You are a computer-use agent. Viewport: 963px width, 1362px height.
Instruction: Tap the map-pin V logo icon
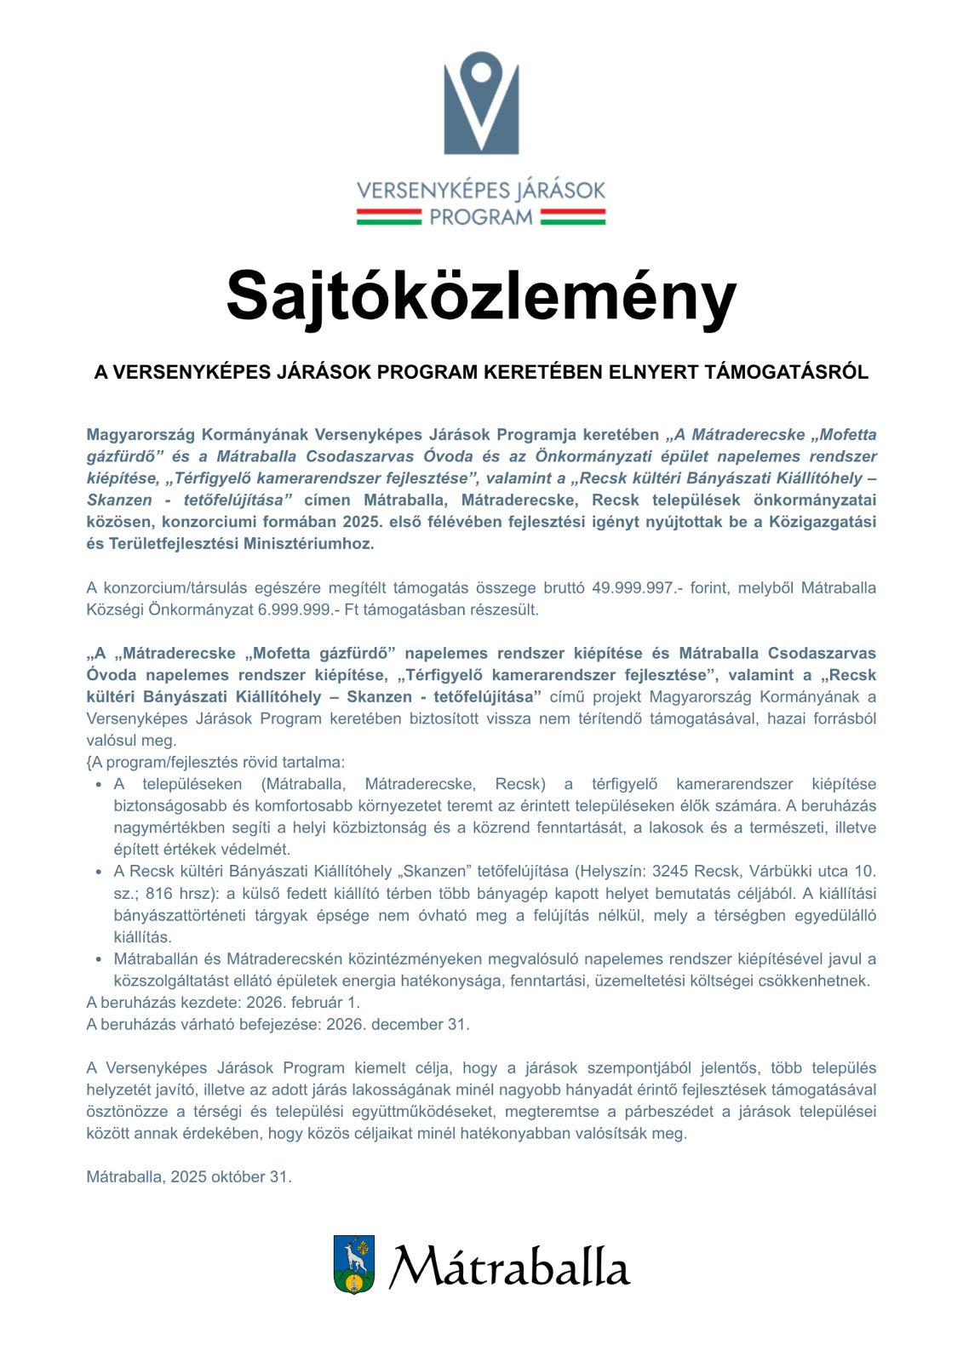(481, 102)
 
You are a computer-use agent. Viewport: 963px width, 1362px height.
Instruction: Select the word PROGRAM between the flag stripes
(481, 217)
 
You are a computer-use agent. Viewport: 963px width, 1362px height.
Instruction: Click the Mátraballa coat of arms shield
(354, 1265)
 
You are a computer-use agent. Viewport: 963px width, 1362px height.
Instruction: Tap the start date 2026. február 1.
(303, 1002)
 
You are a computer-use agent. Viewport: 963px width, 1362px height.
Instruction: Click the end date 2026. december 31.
(398, 1024)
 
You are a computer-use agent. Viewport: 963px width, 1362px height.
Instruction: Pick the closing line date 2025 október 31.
(231, 1176)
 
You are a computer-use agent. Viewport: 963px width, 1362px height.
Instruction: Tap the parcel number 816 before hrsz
(159, 893)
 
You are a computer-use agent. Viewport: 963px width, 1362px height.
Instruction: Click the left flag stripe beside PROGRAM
(389, 217)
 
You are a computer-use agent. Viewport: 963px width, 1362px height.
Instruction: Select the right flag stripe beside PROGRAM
(572, 217)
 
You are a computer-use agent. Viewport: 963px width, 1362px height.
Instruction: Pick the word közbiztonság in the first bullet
(384, 827)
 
